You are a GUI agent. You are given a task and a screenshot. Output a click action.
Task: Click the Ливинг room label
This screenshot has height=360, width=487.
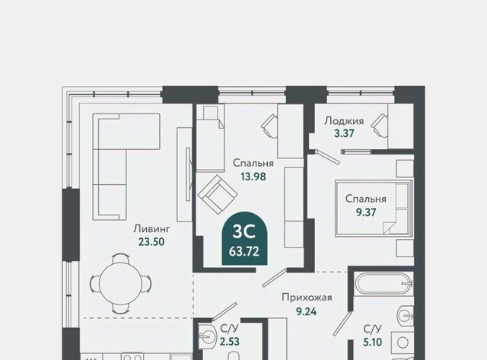152,229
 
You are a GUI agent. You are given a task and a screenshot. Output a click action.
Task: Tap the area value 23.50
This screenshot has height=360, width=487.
151,242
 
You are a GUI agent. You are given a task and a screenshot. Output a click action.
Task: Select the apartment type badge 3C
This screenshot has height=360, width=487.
244,231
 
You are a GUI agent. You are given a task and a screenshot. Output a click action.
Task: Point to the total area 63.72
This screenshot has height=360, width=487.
244,251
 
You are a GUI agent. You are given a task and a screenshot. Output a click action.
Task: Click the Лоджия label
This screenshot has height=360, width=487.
344,120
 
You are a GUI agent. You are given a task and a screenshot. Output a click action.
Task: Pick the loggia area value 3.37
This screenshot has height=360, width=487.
344,133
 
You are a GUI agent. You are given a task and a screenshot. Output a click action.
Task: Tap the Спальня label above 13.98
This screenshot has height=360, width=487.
253,163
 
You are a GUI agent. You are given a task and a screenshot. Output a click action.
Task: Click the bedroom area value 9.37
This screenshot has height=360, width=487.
366,212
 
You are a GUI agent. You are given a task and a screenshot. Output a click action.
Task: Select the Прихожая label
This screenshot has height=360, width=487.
307,298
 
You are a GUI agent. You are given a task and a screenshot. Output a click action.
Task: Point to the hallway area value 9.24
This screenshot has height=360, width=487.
306,311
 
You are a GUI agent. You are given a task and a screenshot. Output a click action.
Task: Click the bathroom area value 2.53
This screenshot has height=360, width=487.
230,342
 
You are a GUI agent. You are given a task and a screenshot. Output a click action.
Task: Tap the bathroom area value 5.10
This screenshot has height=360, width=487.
372,342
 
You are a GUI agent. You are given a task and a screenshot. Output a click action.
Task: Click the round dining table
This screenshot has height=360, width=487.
121,283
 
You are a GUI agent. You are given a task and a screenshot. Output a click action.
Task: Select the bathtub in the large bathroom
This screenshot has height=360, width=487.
384,283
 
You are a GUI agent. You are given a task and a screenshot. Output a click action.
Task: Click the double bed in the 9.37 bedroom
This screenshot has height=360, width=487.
374,208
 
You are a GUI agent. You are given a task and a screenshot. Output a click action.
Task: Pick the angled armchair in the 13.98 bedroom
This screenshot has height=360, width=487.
218,194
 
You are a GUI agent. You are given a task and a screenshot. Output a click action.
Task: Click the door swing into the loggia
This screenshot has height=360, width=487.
327,157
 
